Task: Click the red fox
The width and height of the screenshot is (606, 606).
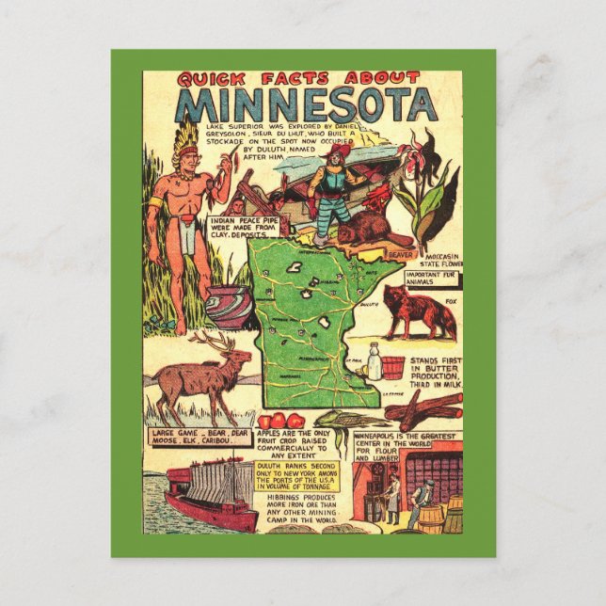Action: pyautogui.click(x=416, y=311)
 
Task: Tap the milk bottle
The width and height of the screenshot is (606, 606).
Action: pyautogui.click(x=375, y=361)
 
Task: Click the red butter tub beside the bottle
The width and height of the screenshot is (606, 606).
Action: pyautogui.click(x=393, y=365)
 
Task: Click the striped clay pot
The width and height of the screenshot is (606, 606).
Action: pyautogui.click(x=229, y=305)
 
